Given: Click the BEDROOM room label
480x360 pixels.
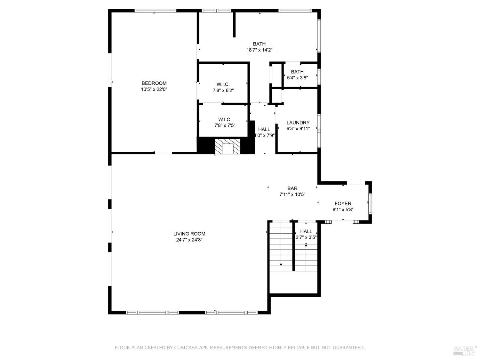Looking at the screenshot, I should tap(154, 83).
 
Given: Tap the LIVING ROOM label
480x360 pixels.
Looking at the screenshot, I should tap(189, 234).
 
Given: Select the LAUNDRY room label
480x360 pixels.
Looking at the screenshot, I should tap(298, 123).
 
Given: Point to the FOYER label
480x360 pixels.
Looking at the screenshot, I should tap(343, 204).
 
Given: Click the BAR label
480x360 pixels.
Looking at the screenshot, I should tap(292, 188).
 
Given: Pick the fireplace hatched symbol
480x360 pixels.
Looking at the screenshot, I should tap(227, 147).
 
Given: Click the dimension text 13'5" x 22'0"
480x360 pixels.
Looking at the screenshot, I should tap(154, 90).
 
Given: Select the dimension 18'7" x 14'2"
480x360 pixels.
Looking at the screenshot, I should tap(259, 50).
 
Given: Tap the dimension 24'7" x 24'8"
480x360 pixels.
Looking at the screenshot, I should tap(189, 240).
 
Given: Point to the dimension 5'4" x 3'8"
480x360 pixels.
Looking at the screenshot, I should tap(297, 77).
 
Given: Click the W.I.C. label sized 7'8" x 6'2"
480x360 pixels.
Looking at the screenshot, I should tap(223, 84).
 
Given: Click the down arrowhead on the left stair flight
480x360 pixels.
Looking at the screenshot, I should tap(281, 264).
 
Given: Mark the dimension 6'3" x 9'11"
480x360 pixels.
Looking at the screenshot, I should tap(298, 129).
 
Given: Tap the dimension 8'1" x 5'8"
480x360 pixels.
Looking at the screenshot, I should tap(343, 210).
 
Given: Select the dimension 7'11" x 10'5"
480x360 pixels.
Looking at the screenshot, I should tap(292, 194).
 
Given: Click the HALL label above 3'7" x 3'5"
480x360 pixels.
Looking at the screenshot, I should tap(306, 231).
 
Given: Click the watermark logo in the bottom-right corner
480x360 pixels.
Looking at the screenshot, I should tap(465, 350).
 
